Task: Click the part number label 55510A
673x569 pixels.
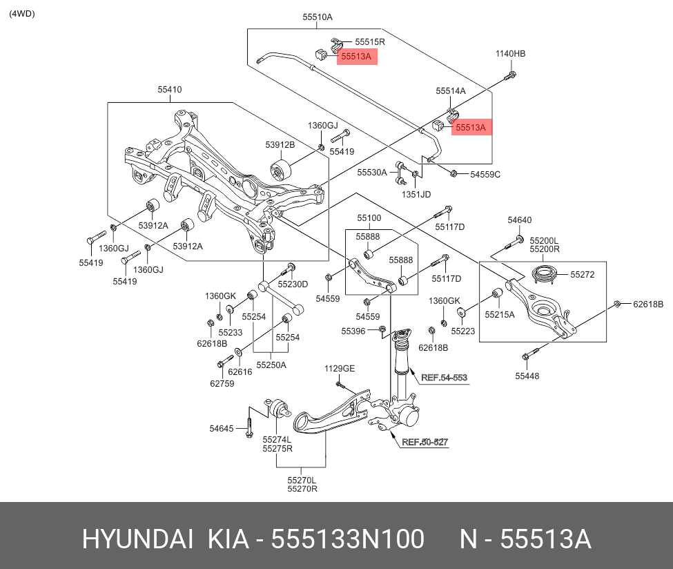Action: [x=318, y=17]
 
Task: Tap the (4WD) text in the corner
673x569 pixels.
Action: [x=22, y=14]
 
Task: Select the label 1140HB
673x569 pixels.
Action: [x=510, y=54]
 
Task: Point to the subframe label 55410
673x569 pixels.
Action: [x=169, y=89]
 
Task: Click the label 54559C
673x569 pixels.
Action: [x=485, y=175]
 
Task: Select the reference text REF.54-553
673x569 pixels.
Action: [x=444, y=378]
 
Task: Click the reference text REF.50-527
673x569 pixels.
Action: [x=425, y=442]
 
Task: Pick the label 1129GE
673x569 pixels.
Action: [x=340, y=369]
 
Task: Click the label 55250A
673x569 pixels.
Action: [x=271, y=365]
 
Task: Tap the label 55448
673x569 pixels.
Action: [x=527, y=376]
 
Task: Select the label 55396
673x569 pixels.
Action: [x=353, y=331]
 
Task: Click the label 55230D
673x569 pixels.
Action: [x=293, y=284]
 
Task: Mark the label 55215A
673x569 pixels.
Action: [x=500, y=314]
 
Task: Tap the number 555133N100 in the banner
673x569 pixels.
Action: [x=347, y=539]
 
